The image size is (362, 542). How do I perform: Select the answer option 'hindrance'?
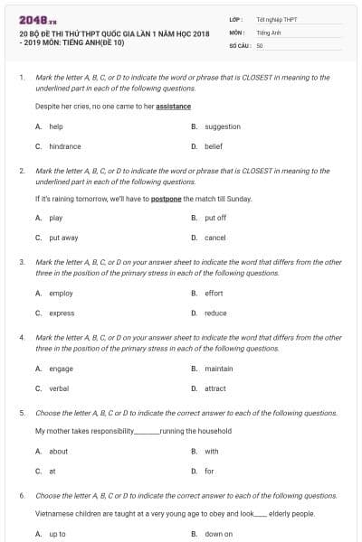[x=65, y=146]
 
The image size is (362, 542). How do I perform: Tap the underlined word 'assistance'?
[x=173, y=106]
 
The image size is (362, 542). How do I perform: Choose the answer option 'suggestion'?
[x=223, y=126]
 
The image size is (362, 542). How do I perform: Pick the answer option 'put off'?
[x=215, y=218]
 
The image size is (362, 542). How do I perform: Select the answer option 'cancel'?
[x=215, y=238]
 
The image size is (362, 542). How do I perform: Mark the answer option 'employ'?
[x=62, y=294]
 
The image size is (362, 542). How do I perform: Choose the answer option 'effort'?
[x=214, y=294]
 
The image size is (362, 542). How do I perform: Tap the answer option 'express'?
[x=62, y=313]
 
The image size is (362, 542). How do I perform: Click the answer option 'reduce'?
[x=215, y=313]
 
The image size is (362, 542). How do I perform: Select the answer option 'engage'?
[x=62, y=369]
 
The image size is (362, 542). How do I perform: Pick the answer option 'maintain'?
[x=218, y=369]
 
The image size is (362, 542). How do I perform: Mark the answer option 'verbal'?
[x=59, y=388]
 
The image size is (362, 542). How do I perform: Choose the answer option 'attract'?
[x=215, y=388]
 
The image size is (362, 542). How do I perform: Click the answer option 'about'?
[x=58, y=452]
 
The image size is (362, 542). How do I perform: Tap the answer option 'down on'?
[x=218, y=534]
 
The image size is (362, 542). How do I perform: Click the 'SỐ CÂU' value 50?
[x=260, y=44]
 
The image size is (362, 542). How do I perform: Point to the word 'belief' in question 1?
[x=214, y=146]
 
